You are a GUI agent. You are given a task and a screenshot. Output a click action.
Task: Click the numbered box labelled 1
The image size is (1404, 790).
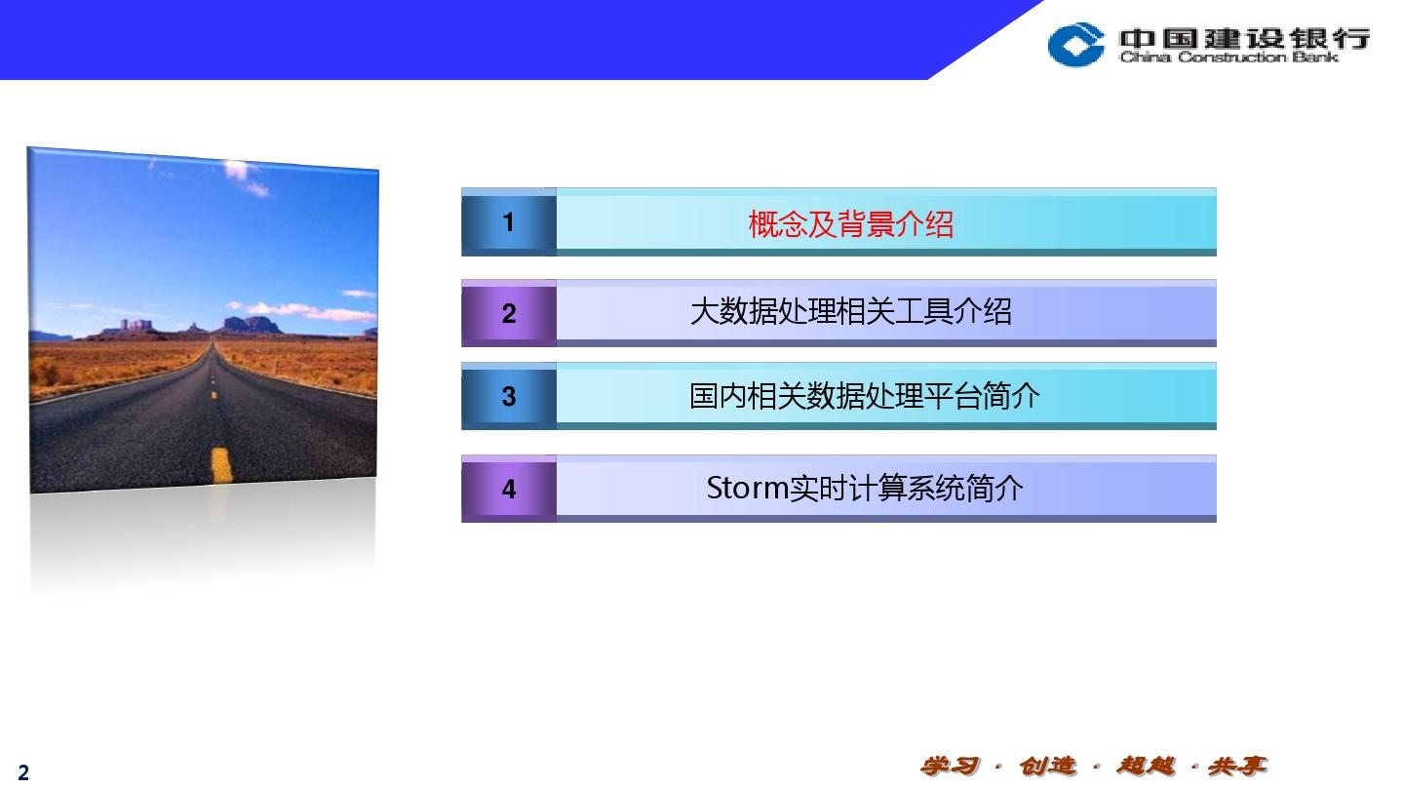coord(508,222)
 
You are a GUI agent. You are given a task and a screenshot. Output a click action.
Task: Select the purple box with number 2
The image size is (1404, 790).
coord(508,313)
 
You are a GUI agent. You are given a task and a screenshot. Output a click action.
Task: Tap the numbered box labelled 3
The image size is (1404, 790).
coord(508,396)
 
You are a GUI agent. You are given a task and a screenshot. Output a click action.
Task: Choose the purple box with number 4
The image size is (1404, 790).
coord(508,489)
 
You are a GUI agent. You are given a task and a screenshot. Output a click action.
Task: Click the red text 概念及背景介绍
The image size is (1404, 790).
coord(850,224)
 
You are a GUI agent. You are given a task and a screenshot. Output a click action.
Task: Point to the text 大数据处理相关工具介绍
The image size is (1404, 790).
coord(850,312)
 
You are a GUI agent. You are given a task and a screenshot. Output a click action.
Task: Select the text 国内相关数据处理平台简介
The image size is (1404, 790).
coord(864,396)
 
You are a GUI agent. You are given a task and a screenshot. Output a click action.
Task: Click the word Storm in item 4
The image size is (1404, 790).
coord(747,488)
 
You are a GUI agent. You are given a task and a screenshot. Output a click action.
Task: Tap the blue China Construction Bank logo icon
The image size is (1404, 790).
coord(1075,44)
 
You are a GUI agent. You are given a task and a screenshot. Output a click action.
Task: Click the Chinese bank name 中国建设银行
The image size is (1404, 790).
coord(1244,38)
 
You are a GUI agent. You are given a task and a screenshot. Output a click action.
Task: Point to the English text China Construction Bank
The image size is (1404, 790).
coord(1228,58)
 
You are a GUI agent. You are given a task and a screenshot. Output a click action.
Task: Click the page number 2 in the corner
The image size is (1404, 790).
coord(23,771)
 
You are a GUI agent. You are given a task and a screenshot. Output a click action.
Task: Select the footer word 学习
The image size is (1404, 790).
coord(950,766)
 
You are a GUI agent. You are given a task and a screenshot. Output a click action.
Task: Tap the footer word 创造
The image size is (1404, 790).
coord(1047,766)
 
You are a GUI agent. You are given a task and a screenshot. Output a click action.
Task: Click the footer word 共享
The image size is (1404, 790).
coord(1238,766)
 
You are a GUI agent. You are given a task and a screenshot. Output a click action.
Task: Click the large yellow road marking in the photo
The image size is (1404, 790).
coord(221,464)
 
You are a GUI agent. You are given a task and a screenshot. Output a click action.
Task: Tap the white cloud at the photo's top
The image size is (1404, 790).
coord(246,177)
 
